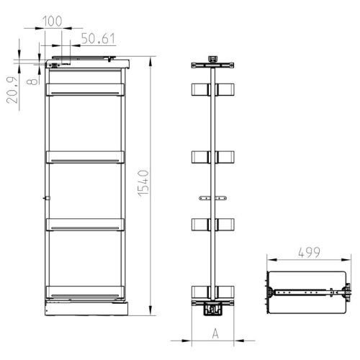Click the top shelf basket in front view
click(85, 89)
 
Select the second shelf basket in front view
click(85, 157)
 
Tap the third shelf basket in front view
click(85, 225)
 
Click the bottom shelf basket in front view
click(85, 292)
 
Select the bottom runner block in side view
click(212, 310)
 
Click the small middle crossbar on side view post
click(213, 197)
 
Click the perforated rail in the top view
click(302, 292)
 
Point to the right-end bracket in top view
click(348, 292)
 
